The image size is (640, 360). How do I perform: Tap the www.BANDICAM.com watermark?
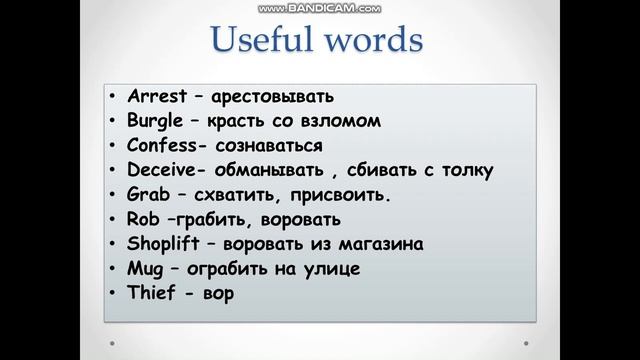coord(319,6)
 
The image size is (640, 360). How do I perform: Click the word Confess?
coord(161,146)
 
